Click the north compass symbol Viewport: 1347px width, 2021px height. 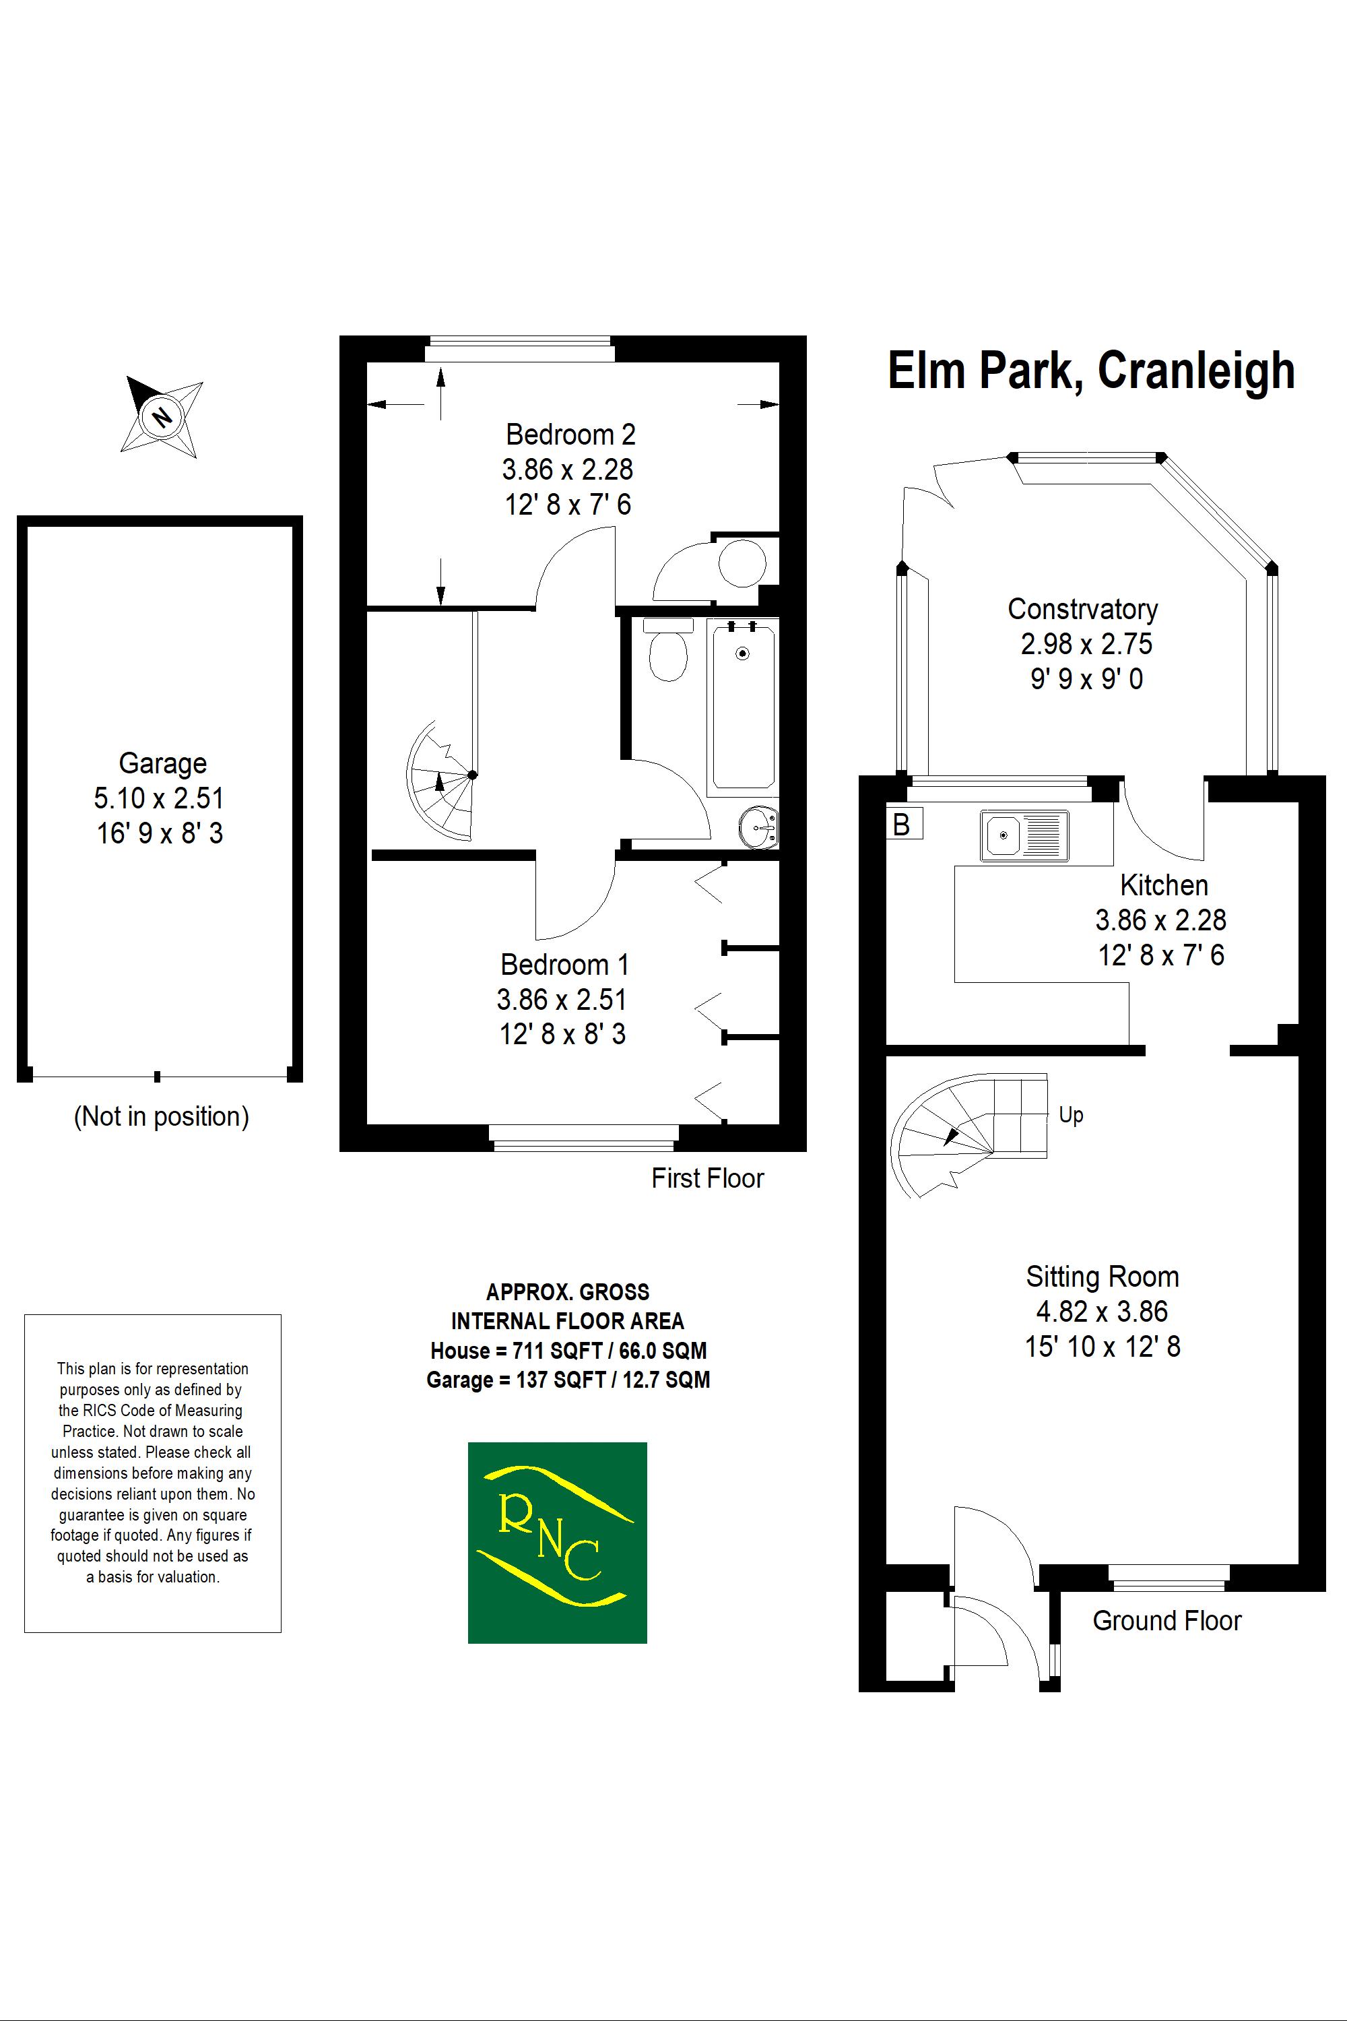pyautogui.click(x=162, y=418)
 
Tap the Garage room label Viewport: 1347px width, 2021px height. pyautogui.click(x=162, y=763)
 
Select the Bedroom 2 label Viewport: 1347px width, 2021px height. pyautogui.click(x=570, y=435)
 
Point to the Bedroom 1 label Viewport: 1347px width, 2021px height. pyautogui.click(x=564, y=965)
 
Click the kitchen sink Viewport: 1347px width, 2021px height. pyautogui.click(x=1024, y=835)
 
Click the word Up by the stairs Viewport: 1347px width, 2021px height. pyautogui.click(x=1070, y=1116)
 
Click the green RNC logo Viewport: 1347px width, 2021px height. pyautogui.click(x=557, y=1543)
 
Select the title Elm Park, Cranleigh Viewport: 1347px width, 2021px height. pyautogui.click(x=1091, y=371)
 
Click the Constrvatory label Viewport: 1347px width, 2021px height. pyautogui.click(x=1082, y=609)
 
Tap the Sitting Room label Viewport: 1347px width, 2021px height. pyautogui.click(x=1102, y=1277)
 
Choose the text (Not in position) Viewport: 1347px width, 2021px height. pyautogui.click(x=162, y=1116)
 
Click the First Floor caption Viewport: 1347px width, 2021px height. pyautogui.click(x=707, y=1178)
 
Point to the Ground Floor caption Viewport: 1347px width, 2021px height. pyautogui.click(x=1167, y=1621)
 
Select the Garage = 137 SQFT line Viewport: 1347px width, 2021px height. pyautogui.click(x=568, y=1380)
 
